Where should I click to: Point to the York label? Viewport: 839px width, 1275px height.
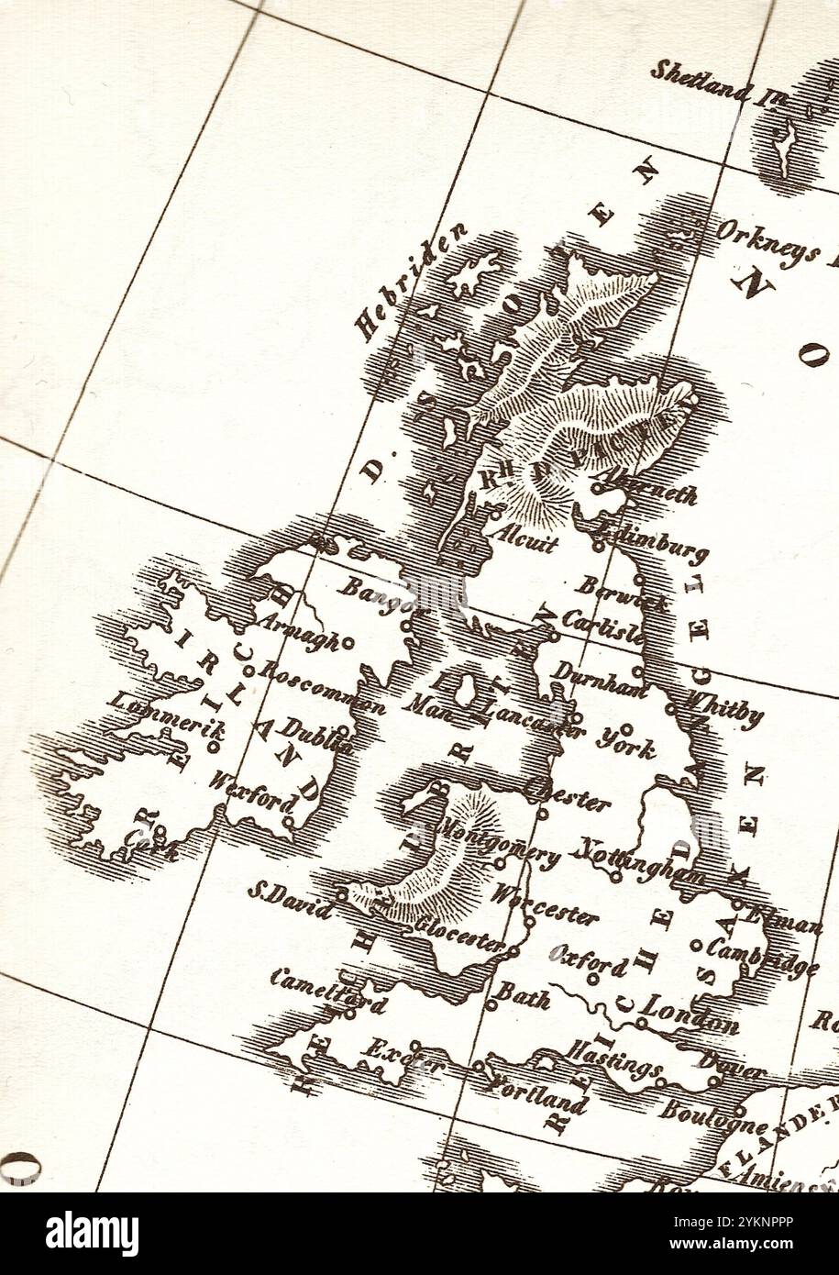(626, 743)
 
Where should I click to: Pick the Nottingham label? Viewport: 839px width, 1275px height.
(635, 863)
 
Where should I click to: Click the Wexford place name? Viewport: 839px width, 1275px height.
(251, 793)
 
